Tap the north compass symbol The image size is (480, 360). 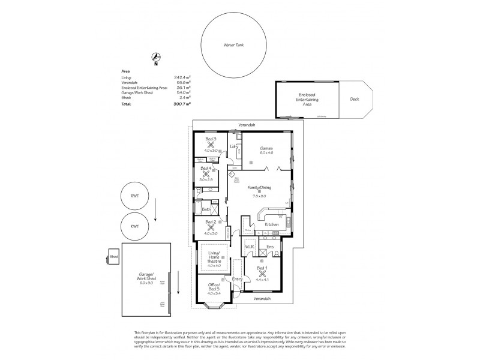click(155, 58)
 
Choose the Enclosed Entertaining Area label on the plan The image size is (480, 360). click(307, 100)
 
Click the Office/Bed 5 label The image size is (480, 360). click(214, 287)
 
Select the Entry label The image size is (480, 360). click(237, 279)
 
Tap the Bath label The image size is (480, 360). click(206, 209)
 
